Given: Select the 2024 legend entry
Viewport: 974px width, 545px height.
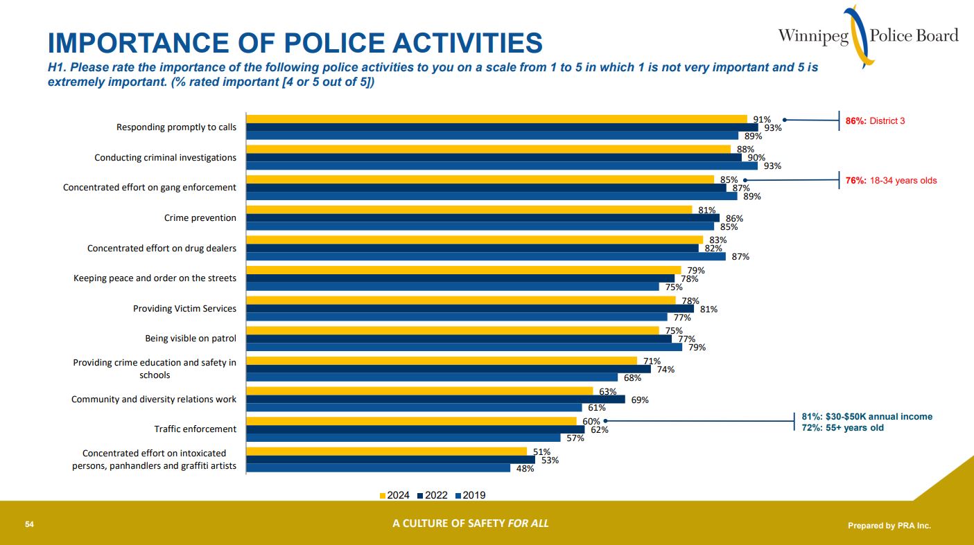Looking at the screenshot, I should coord(395,495).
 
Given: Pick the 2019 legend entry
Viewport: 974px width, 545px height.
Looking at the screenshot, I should coord(471,495).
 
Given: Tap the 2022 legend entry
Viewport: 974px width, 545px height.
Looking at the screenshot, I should coord(433,495).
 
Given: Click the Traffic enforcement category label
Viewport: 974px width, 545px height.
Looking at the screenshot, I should coord(195,429).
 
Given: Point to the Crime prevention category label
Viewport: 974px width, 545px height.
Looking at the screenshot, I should coord(200,218).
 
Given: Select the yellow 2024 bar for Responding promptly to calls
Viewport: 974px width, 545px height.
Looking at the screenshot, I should coord(496,119).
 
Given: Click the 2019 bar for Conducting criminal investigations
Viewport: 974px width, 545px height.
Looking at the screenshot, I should coord(502,166).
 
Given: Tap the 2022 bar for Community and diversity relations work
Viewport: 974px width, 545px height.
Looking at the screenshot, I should coord(435,400).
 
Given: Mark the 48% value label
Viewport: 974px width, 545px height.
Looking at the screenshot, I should coord(525,469).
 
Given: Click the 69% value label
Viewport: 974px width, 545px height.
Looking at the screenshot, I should coord(640,400).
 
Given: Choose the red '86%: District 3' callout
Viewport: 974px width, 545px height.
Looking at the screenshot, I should coord(875,121).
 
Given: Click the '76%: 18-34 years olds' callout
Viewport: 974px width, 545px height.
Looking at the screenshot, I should coord(891,181).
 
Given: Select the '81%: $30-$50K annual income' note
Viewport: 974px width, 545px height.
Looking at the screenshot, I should coord(867,417).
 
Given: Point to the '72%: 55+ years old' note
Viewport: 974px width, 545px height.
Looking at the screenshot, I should coord(842,428).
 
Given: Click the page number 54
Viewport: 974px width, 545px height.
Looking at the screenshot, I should coord(29,524).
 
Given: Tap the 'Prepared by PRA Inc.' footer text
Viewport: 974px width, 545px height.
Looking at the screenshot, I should coord(889,526).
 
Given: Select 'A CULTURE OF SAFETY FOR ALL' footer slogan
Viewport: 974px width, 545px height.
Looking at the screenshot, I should coord(470,524).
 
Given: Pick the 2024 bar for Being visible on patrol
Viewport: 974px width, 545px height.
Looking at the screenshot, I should coord(453,330).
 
